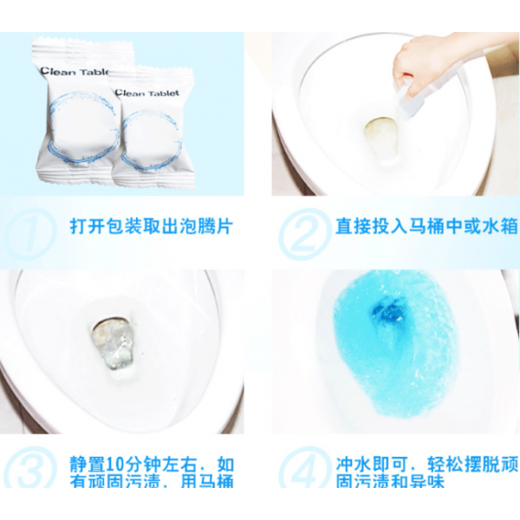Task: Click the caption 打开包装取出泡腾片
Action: (x=151, y=228)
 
